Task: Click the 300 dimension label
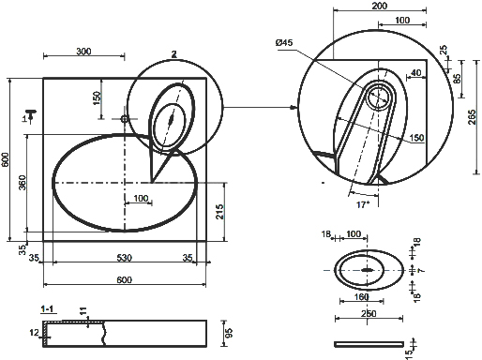(x=83, y=52)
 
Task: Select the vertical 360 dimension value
(x=23, y=183)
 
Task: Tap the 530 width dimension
(x=125, y=258)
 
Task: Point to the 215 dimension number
(x=219, y=212)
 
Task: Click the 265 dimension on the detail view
(x=472, y=117)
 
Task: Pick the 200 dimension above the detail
(x=380, y=6)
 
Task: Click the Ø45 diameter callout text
(x=284, y=42)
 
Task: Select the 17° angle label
(x=363, y=204)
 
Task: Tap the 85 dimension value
(x=457, y=79)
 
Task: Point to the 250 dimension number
(x=369, y=313)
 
